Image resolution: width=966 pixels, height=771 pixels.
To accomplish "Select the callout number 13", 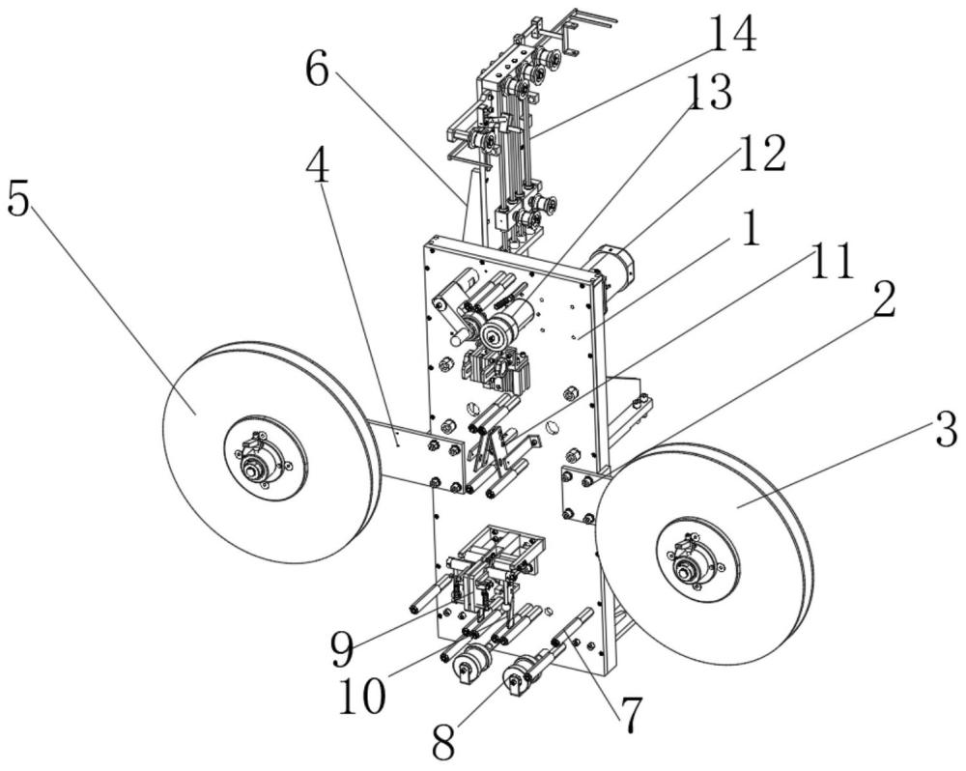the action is tap(708, 93).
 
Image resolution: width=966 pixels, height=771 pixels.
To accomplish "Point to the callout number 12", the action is tap(762, 153).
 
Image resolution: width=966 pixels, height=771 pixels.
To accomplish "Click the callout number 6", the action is tap(319, 70).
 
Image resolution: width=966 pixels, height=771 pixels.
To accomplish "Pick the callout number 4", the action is tap(318, 165).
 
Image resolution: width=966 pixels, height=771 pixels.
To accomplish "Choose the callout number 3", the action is tap(946, 430).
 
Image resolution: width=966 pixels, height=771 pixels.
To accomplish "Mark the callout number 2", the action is tap(884, 300).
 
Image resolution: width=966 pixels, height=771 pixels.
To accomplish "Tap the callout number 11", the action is tap(831, 261).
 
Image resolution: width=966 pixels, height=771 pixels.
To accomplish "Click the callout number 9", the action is tap(343, 651).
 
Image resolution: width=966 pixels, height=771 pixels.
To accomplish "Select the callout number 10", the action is tap(363, 697).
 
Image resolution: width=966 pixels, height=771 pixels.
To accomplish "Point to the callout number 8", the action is tap(443, 742).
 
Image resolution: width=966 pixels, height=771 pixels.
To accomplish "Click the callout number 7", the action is tap(629, 715).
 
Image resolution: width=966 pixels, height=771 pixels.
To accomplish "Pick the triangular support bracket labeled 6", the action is tap(473, 207).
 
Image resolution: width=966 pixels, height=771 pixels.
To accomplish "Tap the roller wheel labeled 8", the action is tap(516, 682).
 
